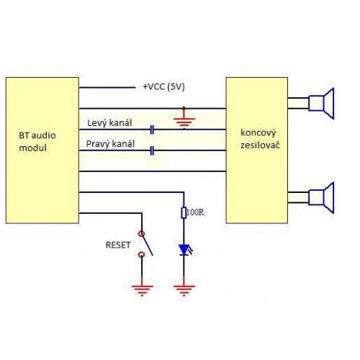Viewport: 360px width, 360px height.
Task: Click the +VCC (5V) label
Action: (x=163, y=86)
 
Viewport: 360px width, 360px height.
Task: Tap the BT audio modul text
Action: (x=37, y=142)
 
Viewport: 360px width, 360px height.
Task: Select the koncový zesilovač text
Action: (x=260, y=139)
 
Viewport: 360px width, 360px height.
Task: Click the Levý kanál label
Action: (x=109, y=123)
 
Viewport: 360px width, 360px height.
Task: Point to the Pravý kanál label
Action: (x=110, y=144)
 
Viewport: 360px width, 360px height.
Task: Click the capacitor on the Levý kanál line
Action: (x=152, y=130)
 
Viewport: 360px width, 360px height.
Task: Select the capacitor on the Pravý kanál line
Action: (x=152, y=150)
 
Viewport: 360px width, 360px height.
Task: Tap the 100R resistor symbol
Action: (x=184, y=212)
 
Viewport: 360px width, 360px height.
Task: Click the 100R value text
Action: (x=195, y=212)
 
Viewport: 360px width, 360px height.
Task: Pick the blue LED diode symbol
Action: (x=185, y=250)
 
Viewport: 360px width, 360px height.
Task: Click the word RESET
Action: (x=118, y=245)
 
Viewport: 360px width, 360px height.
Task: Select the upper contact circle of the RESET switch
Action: (x=142, y=233)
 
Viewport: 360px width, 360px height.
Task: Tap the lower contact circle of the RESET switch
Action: (x=142, y=254)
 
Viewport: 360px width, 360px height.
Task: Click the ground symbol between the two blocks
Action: (x=184, y=121)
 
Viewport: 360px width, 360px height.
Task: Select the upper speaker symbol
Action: (x=321, y=104)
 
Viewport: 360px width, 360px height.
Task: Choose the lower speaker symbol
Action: (x=321, y=197)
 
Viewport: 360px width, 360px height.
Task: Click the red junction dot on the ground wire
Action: (x=184, y=108)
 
